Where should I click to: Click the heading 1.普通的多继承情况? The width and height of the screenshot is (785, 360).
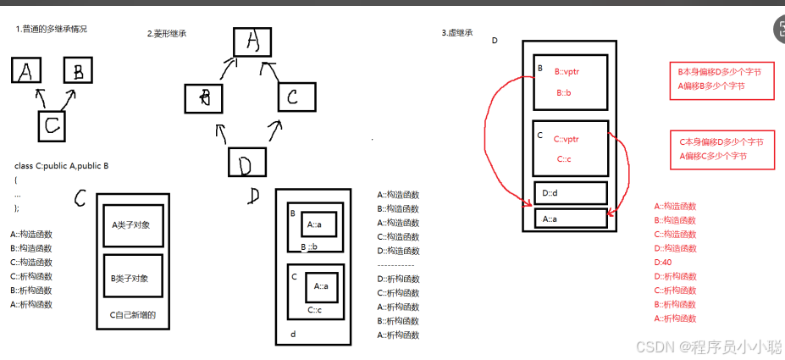(52, 30)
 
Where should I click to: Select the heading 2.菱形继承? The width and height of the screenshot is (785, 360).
(167, 34)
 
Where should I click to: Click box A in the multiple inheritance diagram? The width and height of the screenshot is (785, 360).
(25, 70)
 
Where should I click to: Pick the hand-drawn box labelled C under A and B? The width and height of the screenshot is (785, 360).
(52, 126)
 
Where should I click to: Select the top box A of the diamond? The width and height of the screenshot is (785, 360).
(251, 41)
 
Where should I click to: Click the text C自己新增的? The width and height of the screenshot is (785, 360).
(134, 316)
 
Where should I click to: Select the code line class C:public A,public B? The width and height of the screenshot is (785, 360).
(62, 165)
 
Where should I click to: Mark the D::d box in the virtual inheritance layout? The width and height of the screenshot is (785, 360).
(570, 193)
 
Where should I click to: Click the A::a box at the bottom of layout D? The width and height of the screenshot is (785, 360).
(570, 219)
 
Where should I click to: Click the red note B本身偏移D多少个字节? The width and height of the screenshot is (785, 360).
(720, 73)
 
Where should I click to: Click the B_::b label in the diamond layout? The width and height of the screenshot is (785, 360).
(309, 246)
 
